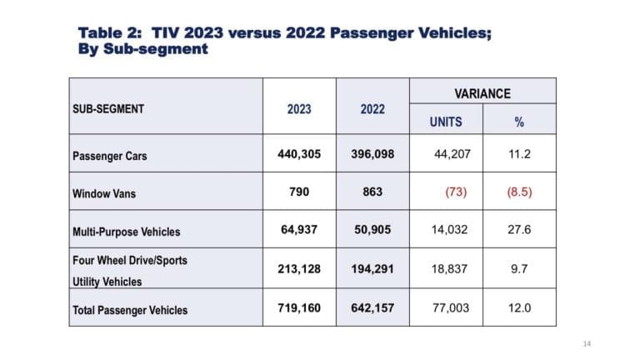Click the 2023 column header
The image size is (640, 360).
click(x=299, y=108)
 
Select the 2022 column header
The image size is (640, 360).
click(x=372, y=108)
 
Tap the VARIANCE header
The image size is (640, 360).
click(x=482, y=93)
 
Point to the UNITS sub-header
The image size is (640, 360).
click(x=445, y=122)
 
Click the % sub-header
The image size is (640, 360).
click(x=519, y=122)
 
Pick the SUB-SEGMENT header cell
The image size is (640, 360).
click(x=109, y=108)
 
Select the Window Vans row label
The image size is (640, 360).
click(x=106, y=192)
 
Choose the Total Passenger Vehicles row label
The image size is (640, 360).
click(x=131, y=310)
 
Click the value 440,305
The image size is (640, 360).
click(x=299, y=154)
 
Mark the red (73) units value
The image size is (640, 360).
click(x=455, y=192)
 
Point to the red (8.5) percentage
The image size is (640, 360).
click(x=519, y=192)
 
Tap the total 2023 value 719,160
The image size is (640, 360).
click(x=299, y=308)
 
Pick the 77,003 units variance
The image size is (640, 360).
click(x=452, y=308)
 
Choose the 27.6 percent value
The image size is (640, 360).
click(x=519, y=230)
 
